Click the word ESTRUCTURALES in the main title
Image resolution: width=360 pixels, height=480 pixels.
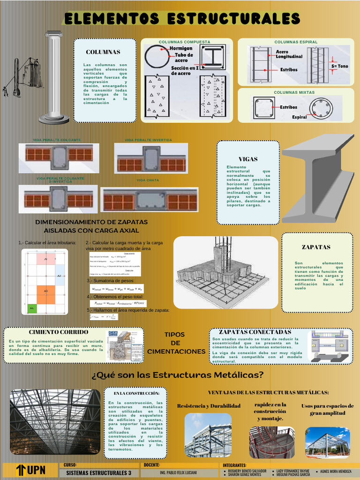pyautogui.click(x=233, y=19)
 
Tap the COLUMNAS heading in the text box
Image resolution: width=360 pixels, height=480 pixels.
pyautogui.click(x=103, y=52)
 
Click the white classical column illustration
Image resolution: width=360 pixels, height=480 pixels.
pyautogui.click(x=54, y=77)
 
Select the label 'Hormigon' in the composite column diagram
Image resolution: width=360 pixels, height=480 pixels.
pyautogui.click(x=180, y=48)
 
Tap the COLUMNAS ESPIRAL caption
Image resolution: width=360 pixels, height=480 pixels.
pyautogui.click(x=296, y=42)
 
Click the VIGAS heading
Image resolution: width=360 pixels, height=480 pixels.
pyautogui.click(x=248, y=159)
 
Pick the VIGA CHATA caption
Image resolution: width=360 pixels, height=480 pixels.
pyautogui.click(x=148, y=180)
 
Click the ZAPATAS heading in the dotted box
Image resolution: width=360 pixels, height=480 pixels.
pyautogui.click(x=316, y=247)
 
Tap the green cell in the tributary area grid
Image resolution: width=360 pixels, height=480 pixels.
pyautogui.click(x=32, y=308)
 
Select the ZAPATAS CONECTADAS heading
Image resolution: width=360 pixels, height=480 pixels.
pyautogui.click(x=255, y=332)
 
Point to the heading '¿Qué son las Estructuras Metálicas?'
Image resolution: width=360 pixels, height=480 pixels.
pyautogui.click(x=178, y=375)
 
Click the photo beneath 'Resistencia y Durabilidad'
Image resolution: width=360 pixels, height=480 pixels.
pyautogui.click(x=208, y=435)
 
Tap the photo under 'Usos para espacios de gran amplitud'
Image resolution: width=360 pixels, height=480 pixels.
pyautogui.click(x=327, y=442)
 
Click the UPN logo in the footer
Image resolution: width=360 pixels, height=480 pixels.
pyautogui.click(x=30, y=470)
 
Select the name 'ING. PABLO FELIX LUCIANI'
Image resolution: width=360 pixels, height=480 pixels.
pyautogui.click(x=178, y=473)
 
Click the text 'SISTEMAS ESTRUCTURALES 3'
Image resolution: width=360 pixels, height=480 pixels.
pyautogui.click(x=99, y=473)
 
